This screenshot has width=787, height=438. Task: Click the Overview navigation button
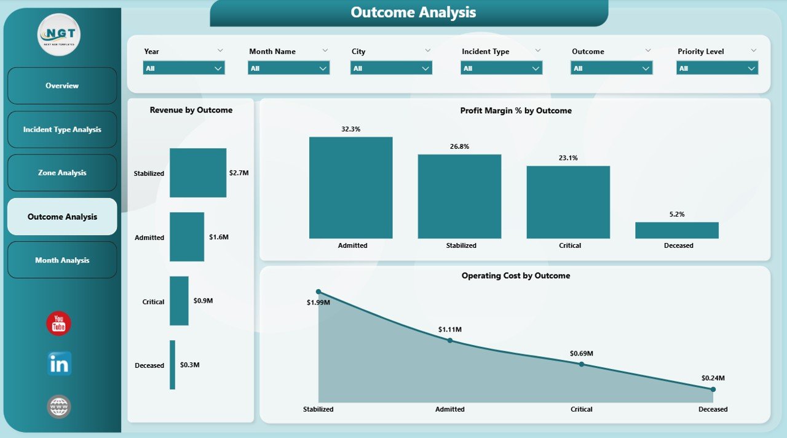(x=62, y=86)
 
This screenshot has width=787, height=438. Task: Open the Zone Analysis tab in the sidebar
(x=62, y=173)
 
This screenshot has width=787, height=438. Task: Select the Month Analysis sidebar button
(x=62, y=260)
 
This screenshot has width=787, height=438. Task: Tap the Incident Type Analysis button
(x=62, y=130)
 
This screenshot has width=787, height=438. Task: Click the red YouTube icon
(x=59, y=324)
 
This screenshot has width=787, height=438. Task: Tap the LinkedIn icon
(x=59, y=364)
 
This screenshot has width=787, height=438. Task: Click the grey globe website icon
(x=59, y=407)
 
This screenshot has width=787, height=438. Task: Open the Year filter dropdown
(x=184, y=68)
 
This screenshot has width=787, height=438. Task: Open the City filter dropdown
(x=391, y=68)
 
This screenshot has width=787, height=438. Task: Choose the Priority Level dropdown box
(x=717, y=68)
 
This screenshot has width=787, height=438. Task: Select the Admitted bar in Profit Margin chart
(x=350, y=188)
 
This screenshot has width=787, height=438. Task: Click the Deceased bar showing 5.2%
(x=676, y=230)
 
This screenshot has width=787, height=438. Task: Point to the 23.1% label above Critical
(x=568, y=158)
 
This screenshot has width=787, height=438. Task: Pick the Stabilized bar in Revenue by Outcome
(x=198, y=173)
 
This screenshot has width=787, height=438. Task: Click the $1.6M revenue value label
(x=219, y=237)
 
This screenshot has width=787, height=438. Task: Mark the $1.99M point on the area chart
(x=318, y=292)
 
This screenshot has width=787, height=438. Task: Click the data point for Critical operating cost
(x=582, y=364)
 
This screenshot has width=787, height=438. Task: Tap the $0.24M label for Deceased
(x=713, y=378)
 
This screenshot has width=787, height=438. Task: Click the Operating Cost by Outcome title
(x=515, y=276)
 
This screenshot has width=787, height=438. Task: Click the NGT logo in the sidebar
(x=59, y=34)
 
